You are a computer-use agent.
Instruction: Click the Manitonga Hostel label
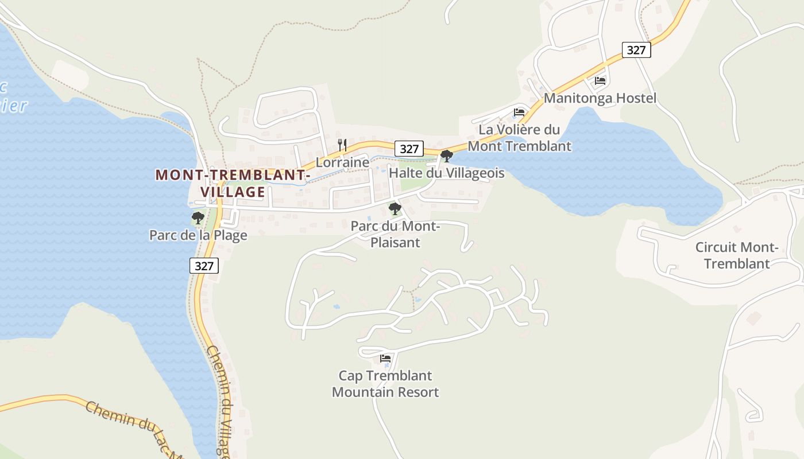[600, 98]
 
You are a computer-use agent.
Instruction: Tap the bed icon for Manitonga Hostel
[600, 81]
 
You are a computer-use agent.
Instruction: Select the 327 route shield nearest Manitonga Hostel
[636, 50]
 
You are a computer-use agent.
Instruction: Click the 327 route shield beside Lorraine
[409, 149]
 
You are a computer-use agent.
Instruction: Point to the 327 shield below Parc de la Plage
[204, 266]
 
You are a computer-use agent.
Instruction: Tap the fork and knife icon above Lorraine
[342, 145]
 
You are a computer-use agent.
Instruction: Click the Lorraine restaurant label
[342, 162]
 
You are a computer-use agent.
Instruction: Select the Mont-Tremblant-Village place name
[233, 183]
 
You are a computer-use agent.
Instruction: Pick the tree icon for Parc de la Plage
[198, 218]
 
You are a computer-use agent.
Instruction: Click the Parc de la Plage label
[198, 235]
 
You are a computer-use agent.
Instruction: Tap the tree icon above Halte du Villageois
[446, 155]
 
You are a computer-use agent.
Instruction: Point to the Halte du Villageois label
[446, 173]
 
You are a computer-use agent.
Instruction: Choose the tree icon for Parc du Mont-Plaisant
[395, 209]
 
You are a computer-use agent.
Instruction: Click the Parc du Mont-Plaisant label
[395, 234]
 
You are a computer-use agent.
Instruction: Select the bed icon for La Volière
[519, 112]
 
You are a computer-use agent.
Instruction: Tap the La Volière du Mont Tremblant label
[519, 138]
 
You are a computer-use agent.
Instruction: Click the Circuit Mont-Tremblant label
[737, 255]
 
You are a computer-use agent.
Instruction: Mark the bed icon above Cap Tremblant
[385, 359]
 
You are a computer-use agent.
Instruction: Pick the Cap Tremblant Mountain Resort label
[385, 384]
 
